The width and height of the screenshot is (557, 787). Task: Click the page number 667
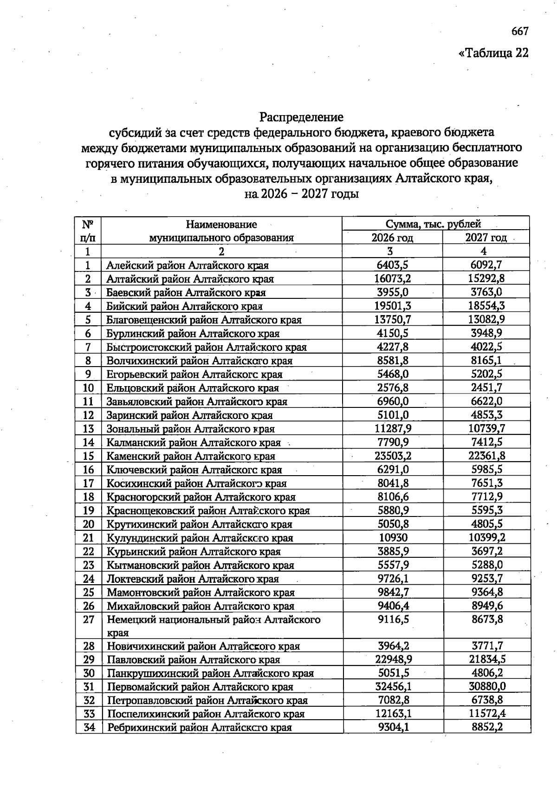click(519, 31)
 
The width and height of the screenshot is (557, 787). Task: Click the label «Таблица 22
click(493, 53)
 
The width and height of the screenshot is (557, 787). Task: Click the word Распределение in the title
click(301, 116)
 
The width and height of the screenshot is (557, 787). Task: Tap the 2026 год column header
click(392, 238)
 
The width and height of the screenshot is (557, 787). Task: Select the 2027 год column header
click(486, 238)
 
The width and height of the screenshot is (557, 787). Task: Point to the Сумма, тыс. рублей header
click(433, 224)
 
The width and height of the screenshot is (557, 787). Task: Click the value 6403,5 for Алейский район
click(392, 265)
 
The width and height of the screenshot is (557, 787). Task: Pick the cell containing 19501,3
click(392, 306)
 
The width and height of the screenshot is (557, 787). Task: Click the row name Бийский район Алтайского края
click(184, 306)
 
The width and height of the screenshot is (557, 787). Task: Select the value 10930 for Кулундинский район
click(392, 538)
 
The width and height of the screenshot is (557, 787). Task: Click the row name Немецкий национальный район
click(214, 620)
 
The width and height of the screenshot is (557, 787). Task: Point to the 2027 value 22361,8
click(486, 456)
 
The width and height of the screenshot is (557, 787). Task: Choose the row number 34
click(89, 727)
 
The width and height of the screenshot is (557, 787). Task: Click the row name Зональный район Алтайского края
click(190, 429)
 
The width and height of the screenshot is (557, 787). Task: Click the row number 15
click(88, 456)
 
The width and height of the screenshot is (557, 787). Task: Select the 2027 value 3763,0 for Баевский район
click(486, 292)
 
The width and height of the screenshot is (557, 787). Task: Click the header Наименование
click(221, 225)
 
